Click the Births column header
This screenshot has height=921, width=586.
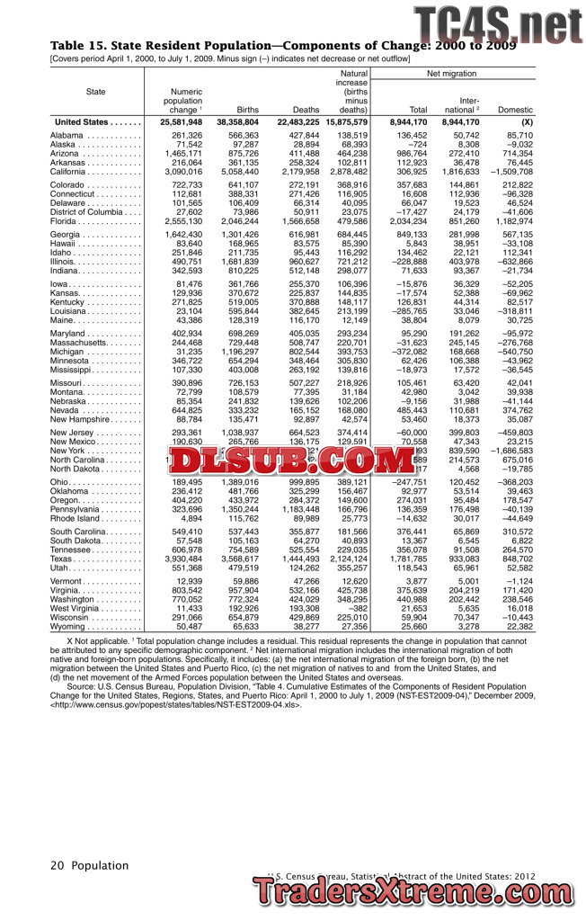pos(247,110)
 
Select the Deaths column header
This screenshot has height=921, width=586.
pos(306,110)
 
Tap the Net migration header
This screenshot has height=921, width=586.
pos(452,73)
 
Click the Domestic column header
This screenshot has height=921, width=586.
pos(515,110)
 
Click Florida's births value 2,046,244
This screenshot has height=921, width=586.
pos(237,221)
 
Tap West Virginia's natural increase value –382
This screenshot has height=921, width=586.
pos(355,608)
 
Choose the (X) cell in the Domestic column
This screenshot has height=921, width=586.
pos(527,121)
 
